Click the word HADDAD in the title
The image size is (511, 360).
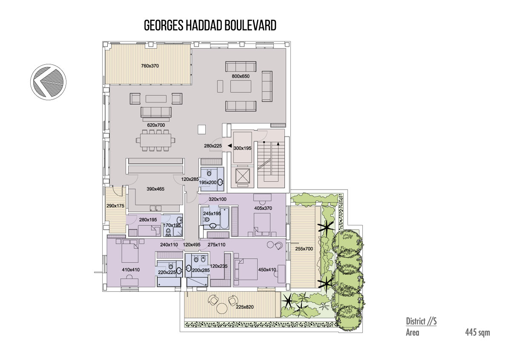pos(204,25)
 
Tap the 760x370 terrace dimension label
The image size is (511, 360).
pos(150,66)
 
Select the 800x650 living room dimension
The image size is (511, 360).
pos(241,76)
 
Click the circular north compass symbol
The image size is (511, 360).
pos(49,82)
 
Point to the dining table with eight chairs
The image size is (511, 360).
pos(156,140)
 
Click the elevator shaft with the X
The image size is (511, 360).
pos(242,176)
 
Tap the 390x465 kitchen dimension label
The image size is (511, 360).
pos(155,189)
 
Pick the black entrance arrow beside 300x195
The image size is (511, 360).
pos(230,145)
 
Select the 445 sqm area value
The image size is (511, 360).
pos(477,332)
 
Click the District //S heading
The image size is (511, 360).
pos(421,321)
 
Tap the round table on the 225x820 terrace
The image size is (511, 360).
pos(222,308)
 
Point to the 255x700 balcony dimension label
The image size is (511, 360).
pos(304,249)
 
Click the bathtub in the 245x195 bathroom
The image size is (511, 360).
pos(224,218)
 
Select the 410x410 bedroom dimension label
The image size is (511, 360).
pos(131,270)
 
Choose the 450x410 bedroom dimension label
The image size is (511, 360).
pos(267,270)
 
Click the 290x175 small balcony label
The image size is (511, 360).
pos(115,206)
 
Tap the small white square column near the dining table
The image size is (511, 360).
pos(202,129)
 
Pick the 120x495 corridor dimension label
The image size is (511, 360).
pos(192,245)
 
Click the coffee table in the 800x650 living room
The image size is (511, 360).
pos(241,86)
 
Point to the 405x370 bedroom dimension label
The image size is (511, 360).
pos(263,208)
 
